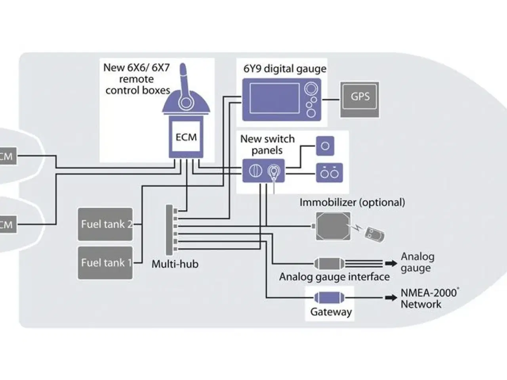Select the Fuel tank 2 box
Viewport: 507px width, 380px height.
coord(105,224)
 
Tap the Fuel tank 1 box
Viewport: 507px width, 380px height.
coord(105,263)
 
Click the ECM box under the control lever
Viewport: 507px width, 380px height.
coord(186,137)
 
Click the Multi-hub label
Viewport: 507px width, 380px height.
coord(175,264)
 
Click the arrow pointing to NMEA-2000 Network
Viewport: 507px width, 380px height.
coord(391,297)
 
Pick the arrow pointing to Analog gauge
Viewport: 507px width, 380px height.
coord(391,263)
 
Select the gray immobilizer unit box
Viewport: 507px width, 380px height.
coord(333,226)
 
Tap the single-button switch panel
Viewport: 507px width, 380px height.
coord(325,146)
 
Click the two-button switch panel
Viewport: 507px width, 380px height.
coord(329,173)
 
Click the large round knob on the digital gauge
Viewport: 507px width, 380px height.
coord(311,88)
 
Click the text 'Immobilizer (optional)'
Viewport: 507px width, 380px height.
coord(352,202)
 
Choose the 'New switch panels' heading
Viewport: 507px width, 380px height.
coord(267,144)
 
